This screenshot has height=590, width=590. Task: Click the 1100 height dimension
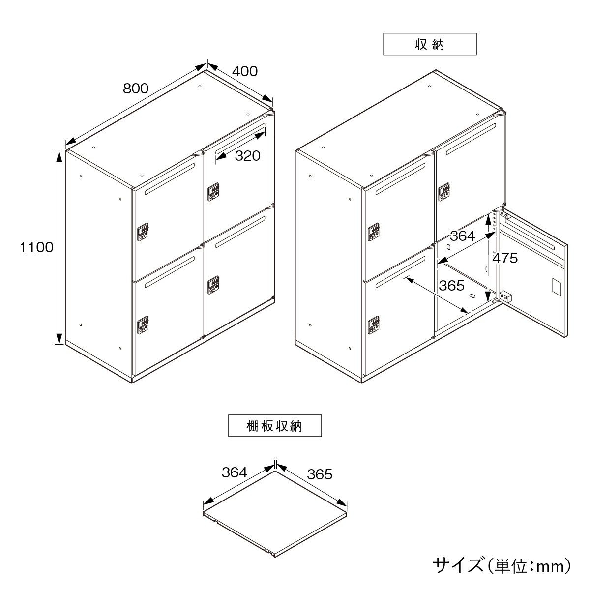coord(37,247)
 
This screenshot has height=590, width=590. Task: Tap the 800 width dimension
coord(136,88)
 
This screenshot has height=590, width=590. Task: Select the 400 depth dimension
coord(245,71)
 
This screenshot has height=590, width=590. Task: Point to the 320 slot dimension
coord(247,156)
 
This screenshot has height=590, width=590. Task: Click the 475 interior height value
coord(505,258)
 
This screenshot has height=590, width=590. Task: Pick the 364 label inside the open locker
coord(462,236)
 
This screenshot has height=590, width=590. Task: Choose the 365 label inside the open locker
coord(452,286)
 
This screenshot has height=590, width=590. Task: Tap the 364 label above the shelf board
coord(234,472)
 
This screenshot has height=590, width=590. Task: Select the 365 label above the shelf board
coord(320,474)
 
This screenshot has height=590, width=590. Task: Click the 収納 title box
coord(430,44)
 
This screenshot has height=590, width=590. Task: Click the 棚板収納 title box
coord(275,426)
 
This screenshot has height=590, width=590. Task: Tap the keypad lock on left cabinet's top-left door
coord(143,232)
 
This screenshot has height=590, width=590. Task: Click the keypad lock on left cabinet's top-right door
coord(213,192)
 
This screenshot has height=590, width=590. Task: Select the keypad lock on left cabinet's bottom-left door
coord(143,325)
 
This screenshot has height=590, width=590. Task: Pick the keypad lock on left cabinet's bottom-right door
coord(213,285)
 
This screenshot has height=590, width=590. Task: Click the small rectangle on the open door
coord(557,287)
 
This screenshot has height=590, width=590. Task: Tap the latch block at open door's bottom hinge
coord(506,297)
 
